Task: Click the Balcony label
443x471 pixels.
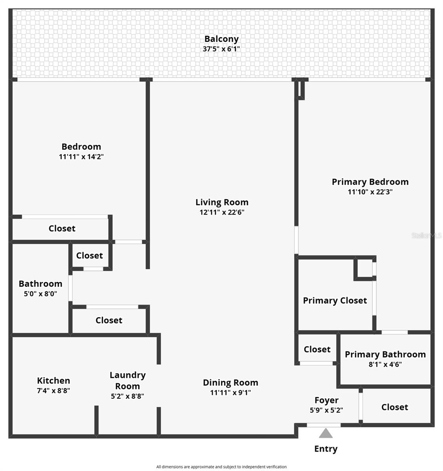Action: coord(221,39)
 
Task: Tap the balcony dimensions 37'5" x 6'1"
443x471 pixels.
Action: coord(221,49)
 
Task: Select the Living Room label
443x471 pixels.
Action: coord(222,202)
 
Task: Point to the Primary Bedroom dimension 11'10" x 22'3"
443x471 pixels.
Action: coord(370,192)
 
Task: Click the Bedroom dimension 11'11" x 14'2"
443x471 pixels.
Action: coord(81,157)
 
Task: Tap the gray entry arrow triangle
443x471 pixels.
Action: coord(326,433)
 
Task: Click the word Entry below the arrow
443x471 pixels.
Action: coord(326,449)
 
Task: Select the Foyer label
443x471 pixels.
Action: coord(326,400)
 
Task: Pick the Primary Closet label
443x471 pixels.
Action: coord(335,301)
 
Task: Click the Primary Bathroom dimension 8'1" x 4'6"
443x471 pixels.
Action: coord(385,364)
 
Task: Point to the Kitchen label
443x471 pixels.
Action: coord(53,380)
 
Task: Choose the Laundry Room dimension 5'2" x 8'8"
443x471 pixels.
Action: coord(127,396)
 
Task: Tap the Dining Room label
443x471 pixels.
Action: coord(230,382)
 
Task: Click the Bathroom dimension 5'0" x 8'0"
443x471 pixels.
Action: coord(40,294)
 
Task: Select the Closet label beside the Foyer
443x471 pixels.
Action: coord(394,407)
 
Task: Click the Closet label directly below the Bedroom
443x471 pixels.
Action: coord(62,228)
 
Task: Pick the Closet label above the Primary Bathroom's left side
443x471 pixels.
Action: coord(317,349)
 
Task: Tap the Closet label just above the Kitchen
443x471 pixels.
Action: coord(109,320)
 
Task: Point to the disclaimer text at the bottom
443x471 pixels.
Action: coord(221,467)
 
